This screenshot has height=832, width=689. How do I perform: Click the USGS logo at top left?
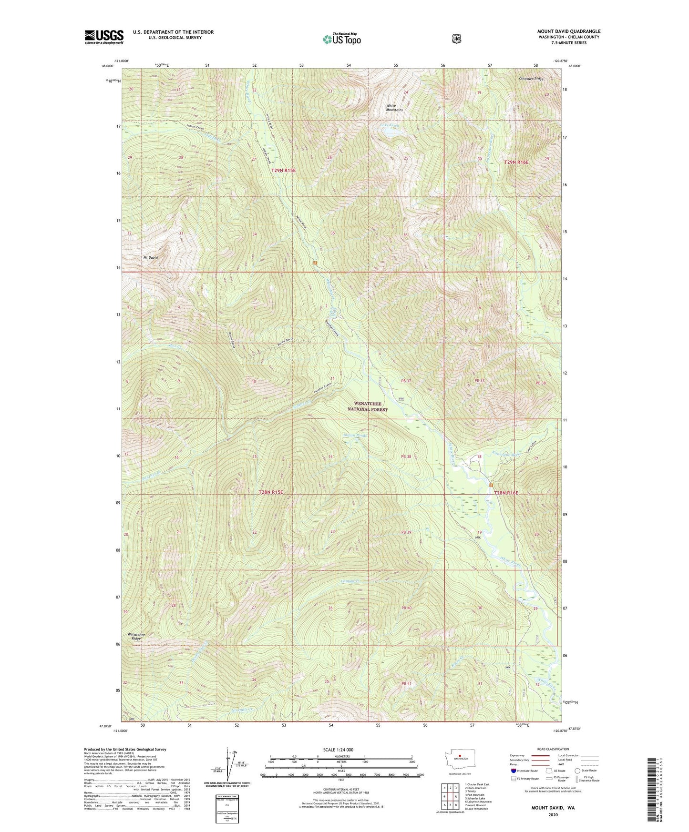[x=104, y=36]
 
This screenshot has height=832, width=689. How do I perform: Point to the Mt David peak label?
[x=150, y=257]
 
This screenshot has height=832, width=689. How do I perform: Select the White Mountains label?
[x=394, y=108]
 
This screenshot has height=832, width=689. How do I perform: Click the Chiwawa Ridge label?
[x=532, y=79]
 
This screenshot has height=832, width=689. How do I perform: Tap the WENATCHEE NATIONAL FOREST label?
[x=367, y=406]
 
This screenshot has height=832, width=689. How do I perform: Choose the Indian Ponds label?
[x=355, y=435]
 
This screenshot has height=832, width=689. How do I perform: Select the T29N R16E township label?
[x=516, y=162]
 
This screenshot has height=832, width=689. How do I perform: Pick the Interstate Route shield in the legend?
[x=513, y=770]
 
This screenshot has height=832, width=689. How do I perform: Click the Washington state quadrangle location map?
[x=459, y=756]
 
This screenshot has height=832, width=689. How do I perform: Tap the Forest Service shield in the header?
[x=456, y=39]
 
